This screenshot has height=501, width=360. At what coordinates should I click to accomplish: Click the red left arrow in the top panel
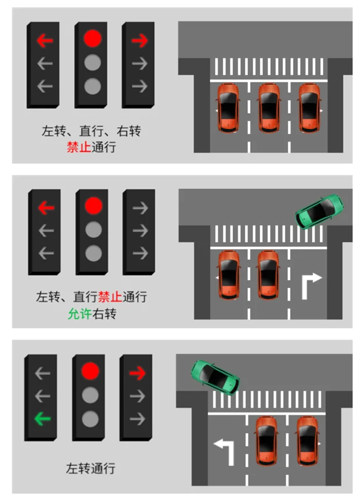pos(44,40)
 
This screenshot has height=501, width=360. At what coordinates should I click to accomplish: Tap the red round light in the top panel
pos(92,39)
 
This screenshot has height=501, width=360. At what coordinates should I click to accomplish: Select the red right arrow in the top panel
pos(139,40)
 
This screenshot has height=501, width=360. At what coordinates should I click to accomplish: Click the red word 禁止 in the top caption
pos(79,148)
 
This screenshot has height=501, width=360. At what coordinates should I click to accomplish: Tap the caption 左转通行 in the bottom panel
pos(91,469)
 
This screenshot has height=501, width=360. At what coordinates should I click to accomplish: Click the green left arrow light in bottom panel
pos(42,420)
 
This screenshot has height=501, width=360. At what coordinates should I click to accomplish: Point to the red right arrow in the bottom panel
pos(137,373)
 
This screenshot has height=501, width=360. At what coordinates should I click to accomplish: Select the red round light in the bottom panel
pos(90,371)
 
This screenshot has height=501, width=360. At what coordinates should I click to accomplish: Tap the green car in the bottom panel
pos(215,377)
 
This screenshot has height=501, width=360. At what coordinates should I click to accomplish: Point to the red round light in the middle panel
pos(93,206)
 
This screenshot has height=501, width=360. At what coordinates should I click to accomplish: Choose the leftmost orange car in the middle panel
pos(228,275)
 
